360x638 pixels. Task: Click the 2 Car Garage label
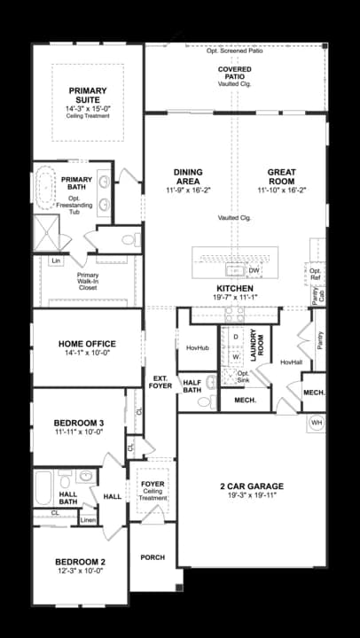pos(251,486)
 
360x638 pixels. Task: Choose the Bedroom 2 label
pos(80,562)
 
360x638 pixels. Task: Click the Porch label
pos(153,557)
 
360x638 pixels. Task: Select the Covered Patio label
pos(234,72)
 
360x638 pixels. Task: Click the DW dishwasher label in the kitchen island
pos(254,270)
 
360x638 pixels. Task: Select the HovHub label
pos(197,348)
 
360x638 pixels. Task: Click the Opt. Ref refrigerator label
pos(315,275)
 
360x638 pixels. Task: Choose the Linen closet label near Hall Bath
pos(87,519)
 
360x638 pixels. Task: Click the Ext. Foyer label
pos(160,384)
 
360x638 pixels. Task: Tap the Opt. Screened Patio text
pos(235,51)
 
